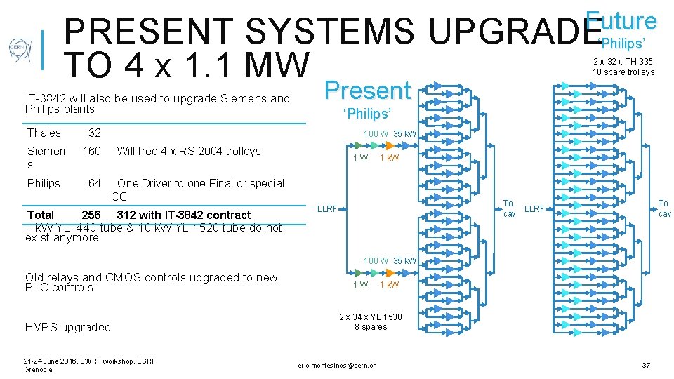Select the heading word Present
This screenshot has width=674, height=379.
click(367, 91)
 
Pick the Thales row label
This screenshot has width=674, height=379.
click(44, 133)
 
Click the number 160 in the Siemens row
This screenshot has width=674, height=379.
click(92, 151)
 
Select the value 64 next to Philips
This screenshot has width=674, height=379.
click(94, 183)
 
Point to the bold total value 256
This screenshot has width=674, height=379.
click(91, 215)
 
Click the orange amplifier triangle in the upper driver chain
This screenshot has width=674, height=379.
click(376, 145)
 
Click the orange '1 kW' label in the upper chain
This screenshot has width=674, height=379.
click(389, 158)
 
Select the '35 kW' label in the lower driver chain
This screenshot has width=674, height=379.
click(405, 261)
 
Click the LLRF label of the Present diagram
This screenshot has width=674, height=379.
click(327, 208)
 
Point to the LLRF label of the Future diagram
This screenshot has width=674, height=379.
click(534, 208)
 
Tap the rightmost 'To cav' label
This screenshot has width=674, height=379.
click(663, 208)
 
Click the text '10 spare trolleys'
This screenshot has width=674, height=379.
click(623, 72)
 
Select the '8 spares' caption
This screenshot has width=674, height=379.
click(371, 327)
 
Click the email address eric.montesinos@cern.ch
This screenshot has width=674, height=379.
click(337, 366)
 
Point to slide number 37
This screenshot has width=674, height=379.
click(645, 365)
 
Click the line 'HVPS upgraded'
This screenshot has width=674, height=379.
click(67, 327)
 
